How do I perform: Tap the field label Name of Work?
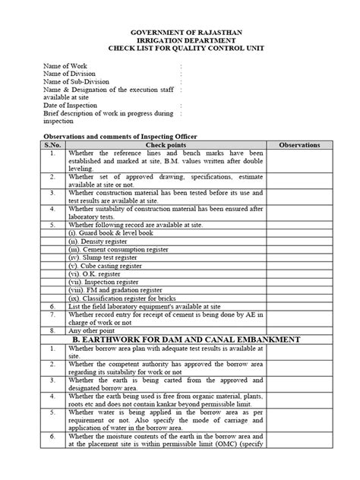[67, 67]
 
